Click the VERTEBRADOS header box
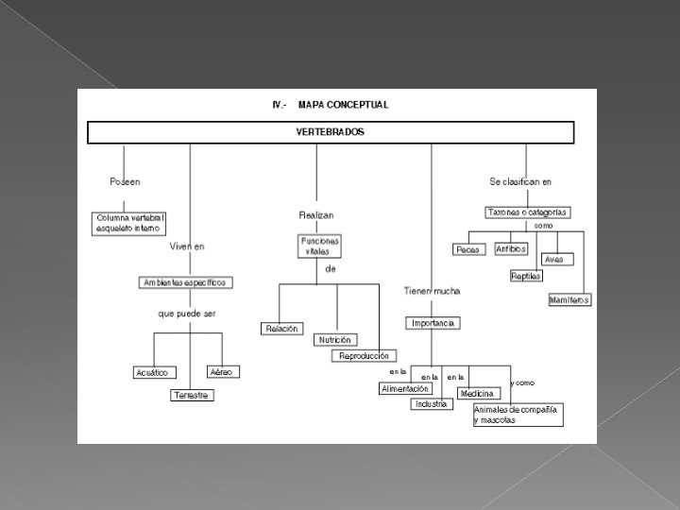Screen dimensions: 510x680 pos(331,132)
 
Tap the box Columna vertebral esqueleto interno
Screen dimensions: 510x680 pos(130,223)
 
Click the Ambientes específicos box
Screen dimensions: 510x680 pos(185,282)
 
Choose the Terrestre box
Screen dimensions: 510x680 pos(192,395)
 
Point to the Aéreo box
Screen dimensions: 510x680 pos(221,372)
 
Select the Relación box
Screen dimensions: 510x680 pos(280,329)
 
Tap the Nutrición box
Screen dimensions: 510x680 pos(335,339)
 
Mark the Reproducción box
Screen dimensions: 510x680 pos(362,356)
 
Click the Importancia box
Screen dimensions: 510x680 pos(433,323)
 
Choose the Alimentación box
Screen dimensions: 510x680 pos(405,389)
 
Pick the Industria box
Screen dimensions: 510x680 pos(431,404)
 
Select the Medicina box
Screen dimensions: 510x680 pos(477,393)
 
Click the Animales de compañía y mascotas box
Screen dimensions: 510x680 pos(518,415)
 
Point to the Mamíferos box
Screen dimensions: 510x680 pos(569,299)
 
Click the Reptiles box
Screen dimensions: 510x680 pos(526,276)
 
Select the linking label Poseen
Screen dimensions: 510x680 pos(126,181)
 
